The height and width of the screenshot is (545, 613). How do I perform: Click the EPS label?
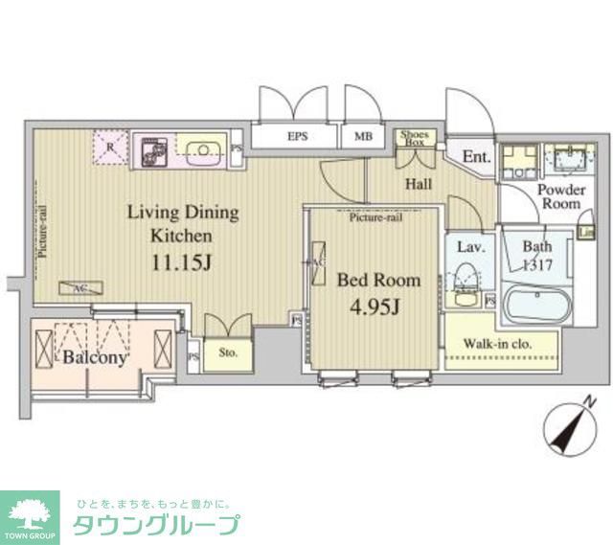pos(297,137)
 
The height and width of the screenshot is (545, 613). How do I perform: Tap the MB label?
pos(364,137)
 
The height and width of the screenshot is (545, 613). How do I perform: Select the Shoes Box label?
pos(416,137)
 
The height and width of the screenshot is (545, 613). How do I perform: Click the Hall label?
pos(418,184)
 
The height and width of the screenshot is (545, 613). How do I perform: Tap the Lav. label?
pos(468,247)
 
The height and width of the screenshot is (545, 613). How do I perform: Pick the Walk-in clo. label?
pos(498,344)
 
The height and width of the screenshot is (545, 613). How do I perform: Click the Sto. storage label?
pos(228,352)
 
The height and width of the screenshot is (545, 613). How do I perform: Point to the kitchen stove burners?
pos(153,150)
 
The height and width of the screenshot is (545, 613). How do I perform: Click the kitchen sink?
pos(202,149)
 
